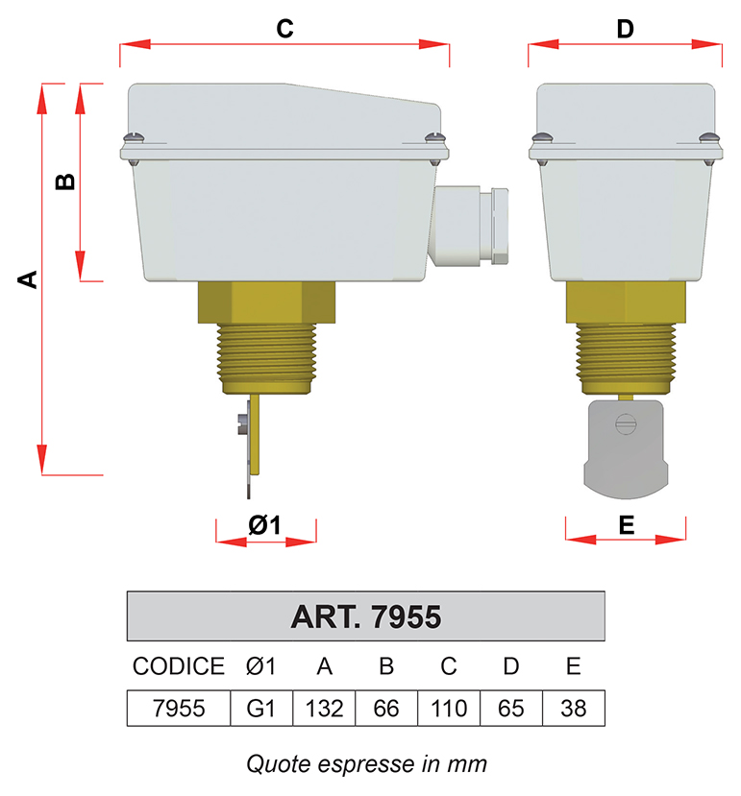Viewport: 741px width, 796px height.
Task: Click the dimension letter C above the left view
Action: (x=284, y=29)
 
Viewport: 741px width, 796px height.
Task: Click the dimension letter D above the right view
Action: (x=625, y=29)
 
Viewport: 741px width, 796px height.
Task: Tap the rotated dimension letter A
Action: (x=28, y=279)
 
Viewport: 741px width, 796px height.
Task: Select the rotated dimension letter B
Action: (x=65, y=181)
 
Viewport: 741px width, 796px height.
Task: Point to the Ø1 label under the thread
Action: (x=264, y=525)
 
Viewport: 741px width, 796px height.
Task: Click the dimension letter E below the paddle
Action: (x=626, y=525)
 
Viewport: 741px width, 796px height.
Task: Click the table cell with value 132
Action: (x=324, y=709)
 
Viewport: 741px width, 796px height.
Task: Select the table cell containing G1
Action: (x=261, y=709)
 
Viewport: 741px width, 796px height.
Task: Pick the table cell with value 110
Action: (x=448, y=709)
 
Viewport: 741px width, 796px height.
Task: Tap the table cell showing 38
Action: (x=573, y=709)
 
